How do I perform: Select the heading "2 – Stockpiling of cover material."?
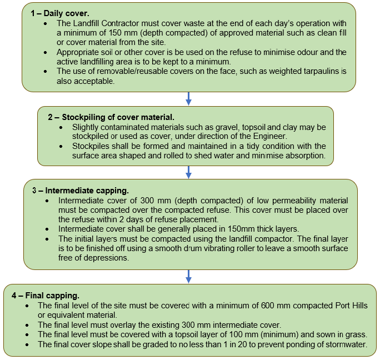click(111, 117)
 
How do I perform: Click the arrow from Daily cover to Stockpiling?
click(189, 98)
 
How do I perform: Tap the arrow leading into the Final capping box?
click(189, 276)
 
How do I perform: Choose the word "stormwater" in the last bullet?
click(346, 344)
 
